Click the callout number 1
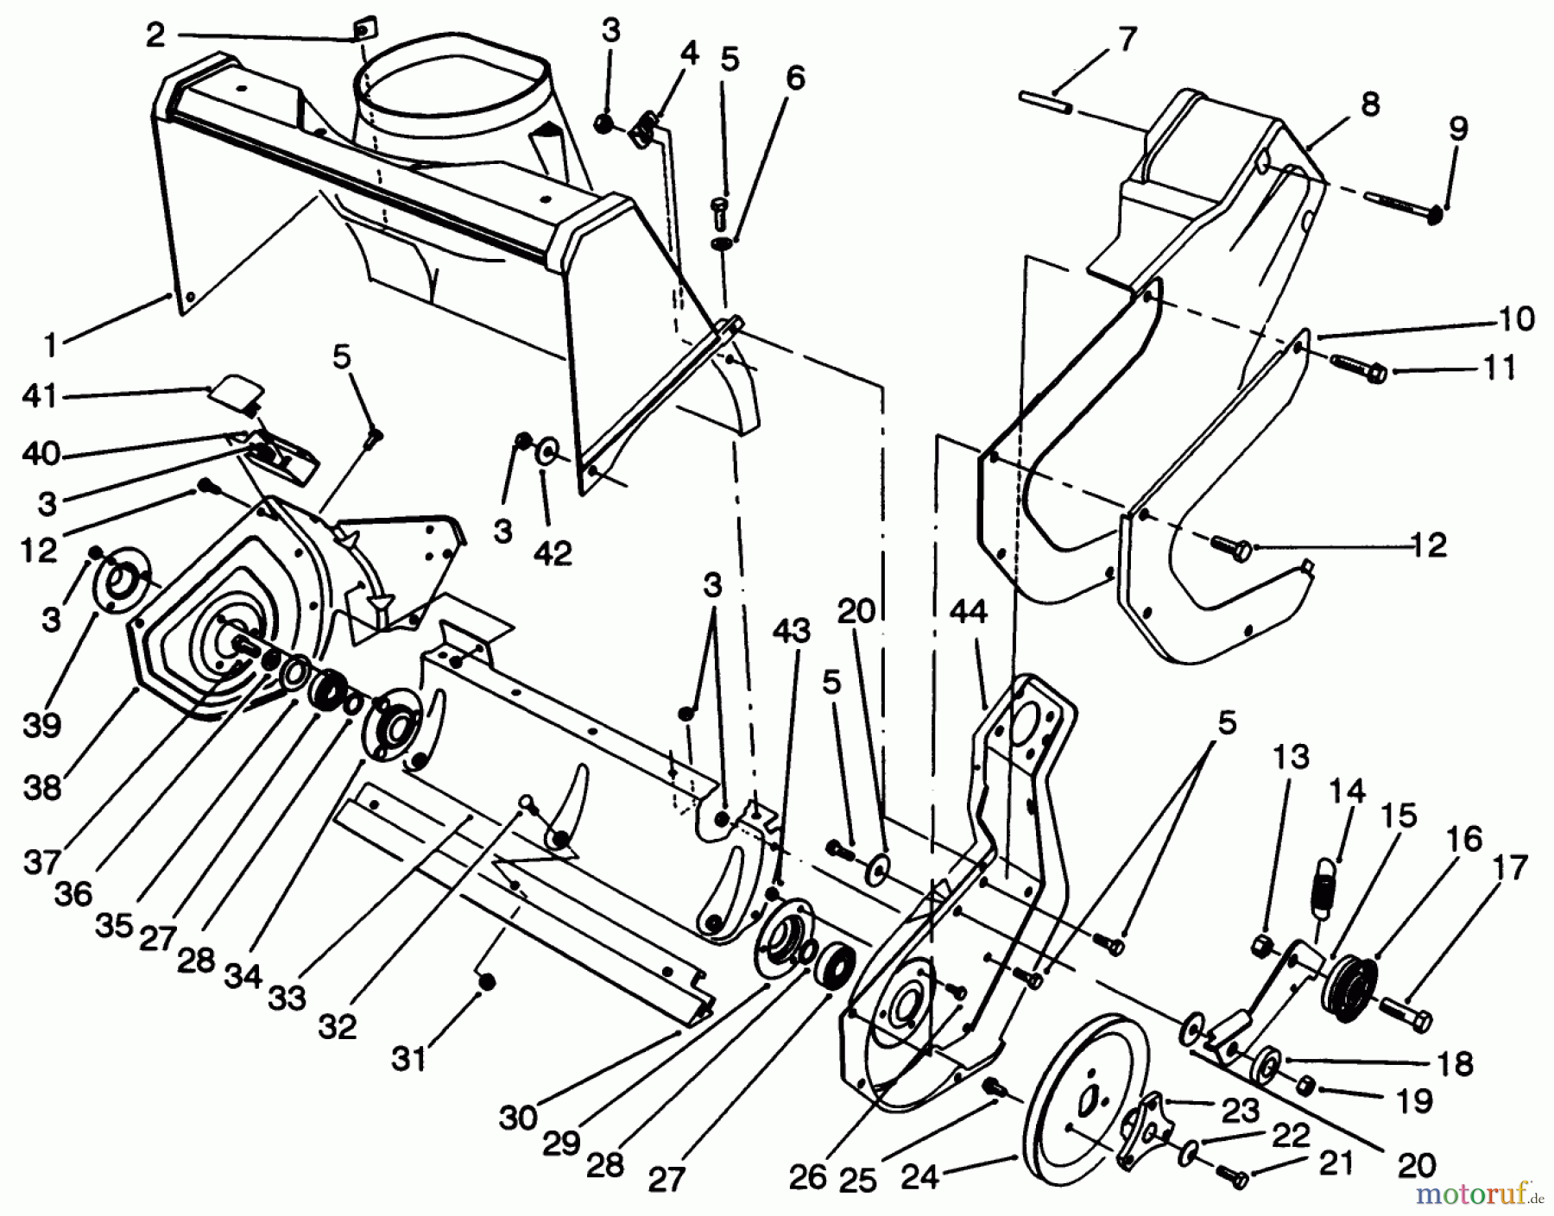point(50,345)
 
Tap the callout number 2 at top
point(155,35)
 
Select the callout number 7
point(1127,41)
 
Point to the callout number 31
point(408,1058)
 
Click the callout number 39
point(41,725)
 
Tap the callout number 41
point(41,397)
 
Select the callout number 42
point(553,553)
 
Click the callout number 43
point(791,631)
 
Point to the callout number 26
point(807,1177)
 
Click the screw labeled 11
point(1359,368)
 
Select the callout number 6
point(794,79)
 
